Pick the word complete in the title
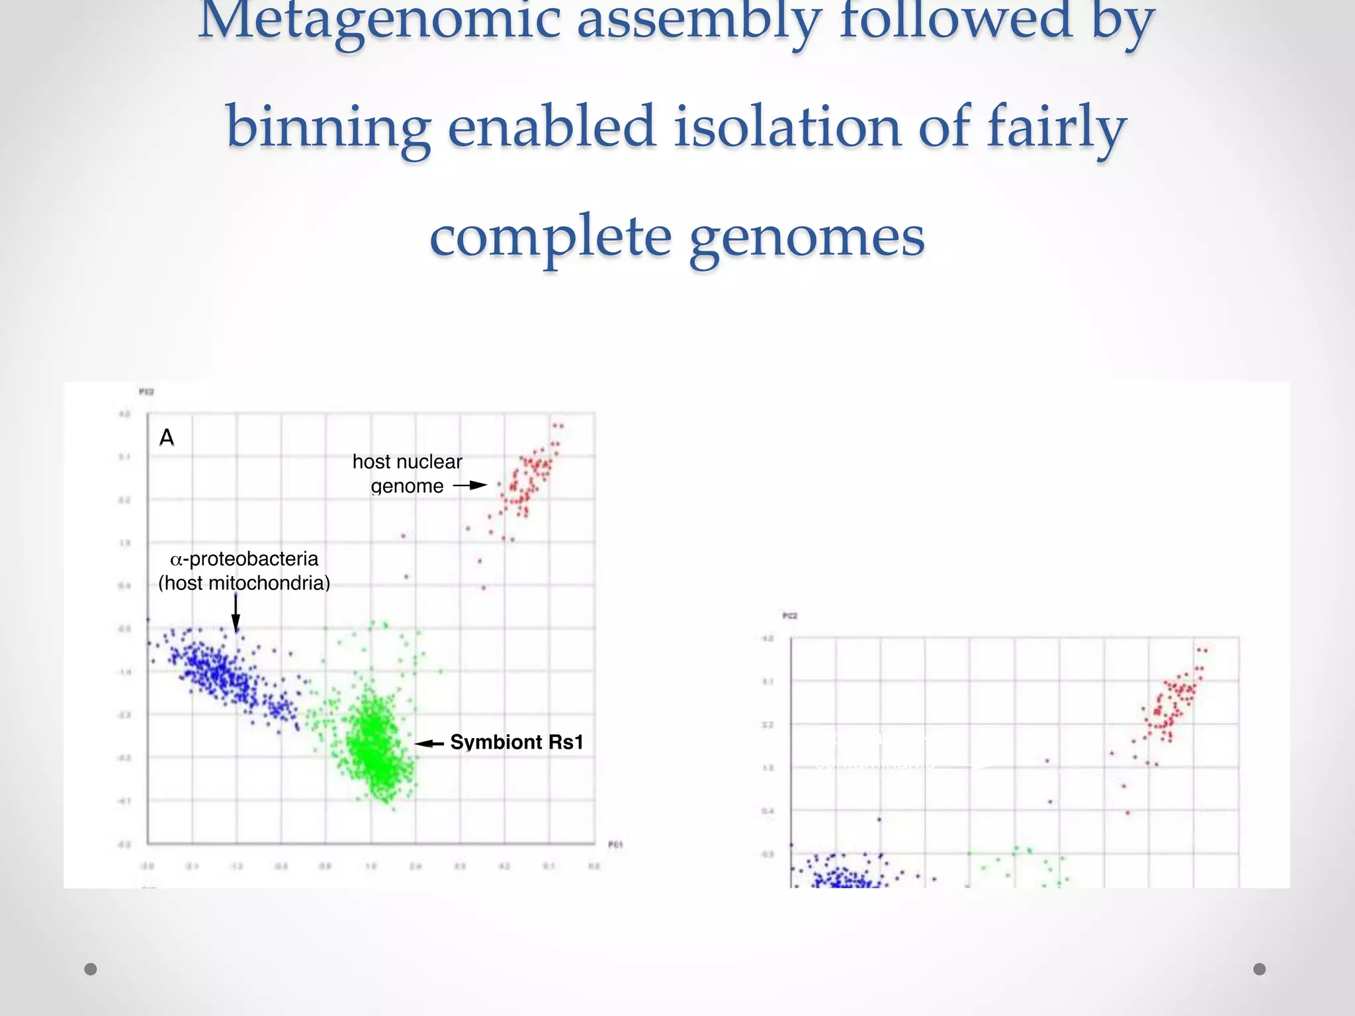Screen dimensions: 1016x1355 pos(550,237)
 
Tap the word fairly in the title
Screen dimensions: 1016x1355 pos(1057,127)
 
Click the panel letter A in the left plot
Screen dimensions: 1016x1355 pos(167,438)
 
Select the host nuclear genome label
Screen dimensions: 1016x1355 pos(407,474)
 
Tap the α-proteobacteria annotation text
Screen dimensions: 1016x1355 pos(244,560)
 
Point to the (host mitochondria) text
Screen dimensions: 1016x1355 pos(244,583)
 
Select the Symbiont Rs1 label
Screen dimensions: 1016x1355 pos(517,742)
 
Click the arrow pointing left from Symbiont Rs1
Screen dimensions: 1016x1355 pos(429,743)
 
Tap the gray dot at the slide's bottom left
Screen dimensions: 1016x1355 pos(91,969)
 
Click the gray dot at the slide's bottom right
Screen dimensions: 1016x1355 pos(1259,969)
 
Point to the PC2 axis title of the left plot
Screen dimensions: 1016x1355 pos(146,392)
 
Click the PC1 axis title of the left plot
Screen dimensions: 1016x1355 pos(615,845)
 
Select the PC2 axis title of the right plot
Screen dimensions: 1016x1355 pos(790,616)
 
